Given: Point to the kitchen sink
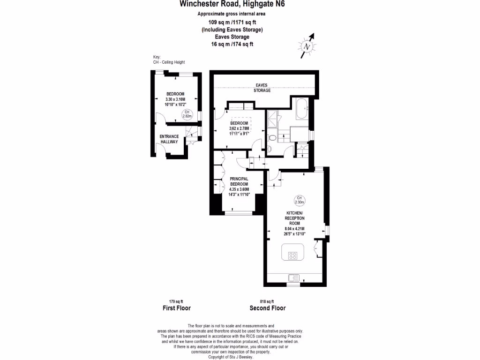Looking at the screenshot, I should [x=292, y=277].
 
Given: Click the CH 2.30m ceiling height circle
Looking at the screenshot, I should [x=299, y=201].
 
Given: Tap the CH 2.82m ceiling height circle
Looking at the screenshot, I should [x=187, y=113].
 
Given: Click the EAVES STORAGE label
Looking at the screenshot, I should [x=262, y=88].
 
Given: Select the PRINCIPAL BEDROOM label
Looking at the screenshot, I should [x=239, y=181].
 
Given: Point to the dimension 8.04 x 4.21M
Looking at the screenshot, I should [x=294, y=228].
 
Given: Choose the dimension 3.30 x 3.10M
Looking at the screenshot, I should [x=175, y=99].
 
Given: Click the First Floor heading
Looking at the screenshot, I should [x=176, y=308].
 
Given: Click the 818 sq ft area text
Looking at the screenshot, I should [x=267, y=301].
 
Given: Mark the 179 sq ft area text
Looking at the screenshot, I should [x=176, y=301].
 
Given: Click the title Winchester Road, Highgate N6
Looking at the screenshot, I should [x=232, y=5].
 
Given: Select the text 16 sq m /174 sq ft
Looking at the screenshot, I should [x=232, y=44].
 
